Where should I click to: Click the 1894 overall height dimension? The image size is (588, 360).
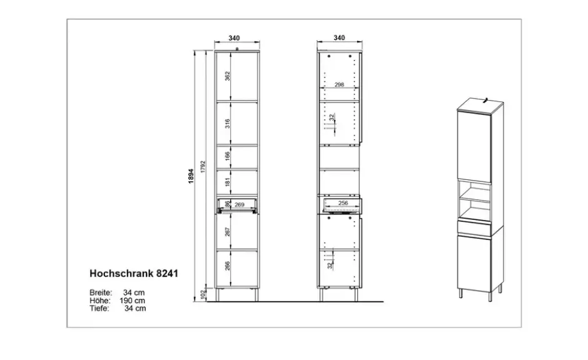191,176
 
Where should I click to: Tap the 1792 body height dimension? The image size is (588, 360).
203,167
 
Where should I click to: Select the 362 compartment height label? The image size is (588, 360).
227,76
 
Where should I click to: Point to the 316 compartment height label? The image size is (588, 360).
227,123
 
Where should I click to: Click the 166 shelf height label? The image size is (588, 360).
227,156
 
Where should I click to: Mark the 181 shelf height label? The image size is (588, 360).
227,182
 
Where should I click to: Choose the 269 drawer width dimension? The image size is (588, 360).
239,204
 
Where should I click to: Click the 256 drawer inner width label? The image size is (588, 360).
343,202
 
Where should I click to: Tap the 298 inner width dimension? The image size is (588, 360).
339,84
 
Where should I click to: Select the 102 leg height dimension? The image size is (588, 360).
203,294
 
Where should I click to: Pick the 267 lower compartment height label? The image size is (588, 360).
227,231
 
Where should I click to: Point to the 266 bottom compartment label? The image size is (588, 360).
227,266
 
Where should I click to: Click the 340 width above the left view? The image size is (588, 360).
234,38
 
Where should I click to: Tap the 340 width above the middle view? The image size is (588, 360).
339,38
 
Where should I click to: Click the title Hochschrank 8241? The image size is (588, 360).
134,274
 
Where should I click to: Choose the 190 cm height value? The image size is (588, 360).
133,301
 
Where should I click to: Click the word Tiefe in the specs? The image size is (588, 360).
99,308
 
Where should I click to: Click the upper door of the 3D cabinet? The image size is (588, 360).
474,147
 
